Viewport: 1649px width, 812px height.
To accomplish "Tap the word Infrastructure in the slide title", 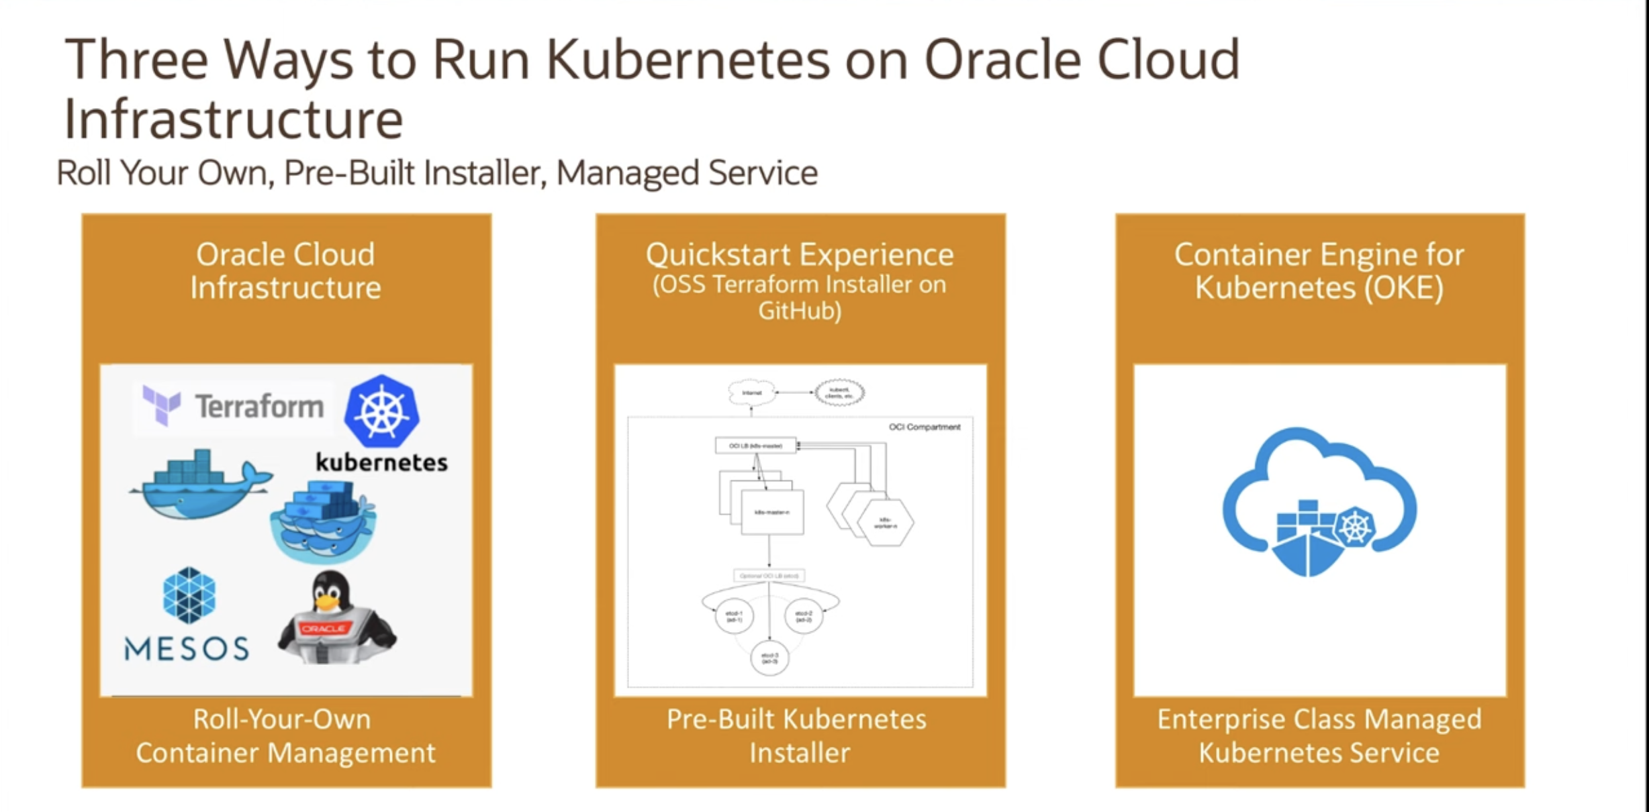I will point(234,119).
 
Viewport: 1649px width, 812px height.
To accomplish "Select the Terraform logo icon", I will point(161,405).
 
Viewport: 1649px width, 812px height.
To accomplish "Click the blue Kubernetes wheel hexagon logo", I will point(381,411).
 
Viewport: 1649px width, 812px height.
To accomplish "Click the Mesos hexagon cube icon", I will point(189,595).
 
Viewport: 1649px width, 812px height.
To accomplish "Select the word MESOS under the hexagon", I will point(187,648).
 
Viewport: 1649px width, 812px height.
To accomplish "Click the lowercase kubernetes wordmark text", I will point(381,462).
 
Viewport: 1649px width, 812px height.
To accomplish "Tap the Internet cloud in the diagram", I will point(751,393).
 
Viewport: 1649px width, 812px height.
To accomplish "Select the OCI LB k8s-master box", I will point(755,446).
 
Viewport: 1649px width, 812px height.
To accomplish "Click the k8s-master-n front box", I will point(772,512).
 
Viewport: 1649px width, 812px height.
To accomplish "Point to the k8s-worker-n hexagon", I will point(885,523).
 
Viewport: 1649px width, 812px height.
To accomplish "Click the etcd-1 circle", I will point(734,616).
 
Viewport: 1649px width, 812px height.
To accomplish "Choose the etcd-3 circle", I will point(769,658).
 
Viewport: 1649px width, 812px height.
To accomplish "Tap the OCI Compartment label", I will point(925,427).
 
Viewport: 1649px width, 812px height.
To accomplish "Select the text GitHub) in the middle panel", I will point(800,311).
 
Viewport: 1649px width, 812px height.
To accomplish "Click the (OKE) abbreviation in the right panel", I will point(1403,288).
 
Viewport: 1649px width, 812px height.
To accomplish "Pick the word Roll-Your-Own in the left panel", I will point(282,719).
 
